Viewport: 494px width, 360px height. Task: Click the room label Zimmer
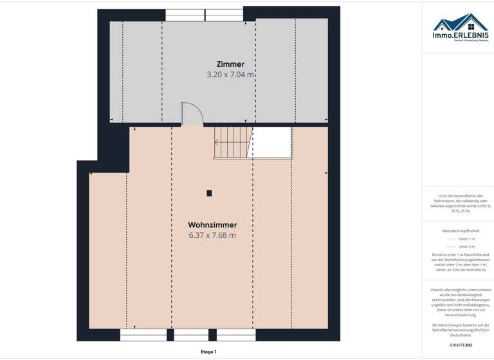230,64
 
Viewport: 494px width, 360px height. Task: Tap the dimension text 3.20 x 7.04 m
230,75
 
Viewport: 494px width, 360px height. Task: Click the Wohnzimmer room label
212,225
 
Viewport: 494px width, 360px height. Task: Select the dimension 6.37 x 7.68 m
212,235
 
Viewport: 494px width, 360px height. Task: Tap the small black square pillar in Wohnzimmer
209,192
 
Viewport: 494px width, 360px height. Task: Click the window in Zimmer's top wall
204,14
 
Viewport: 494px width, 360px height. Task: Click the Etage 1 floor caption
208,352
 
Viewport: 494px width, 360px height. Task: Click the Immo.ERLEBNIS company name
461,35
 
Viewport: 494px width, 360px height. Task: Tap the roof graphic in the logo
461,22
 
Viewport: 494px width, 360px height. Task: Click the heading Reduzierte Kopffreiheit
460,230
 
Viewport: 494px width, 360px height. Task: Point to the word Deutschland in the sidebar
460,336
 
